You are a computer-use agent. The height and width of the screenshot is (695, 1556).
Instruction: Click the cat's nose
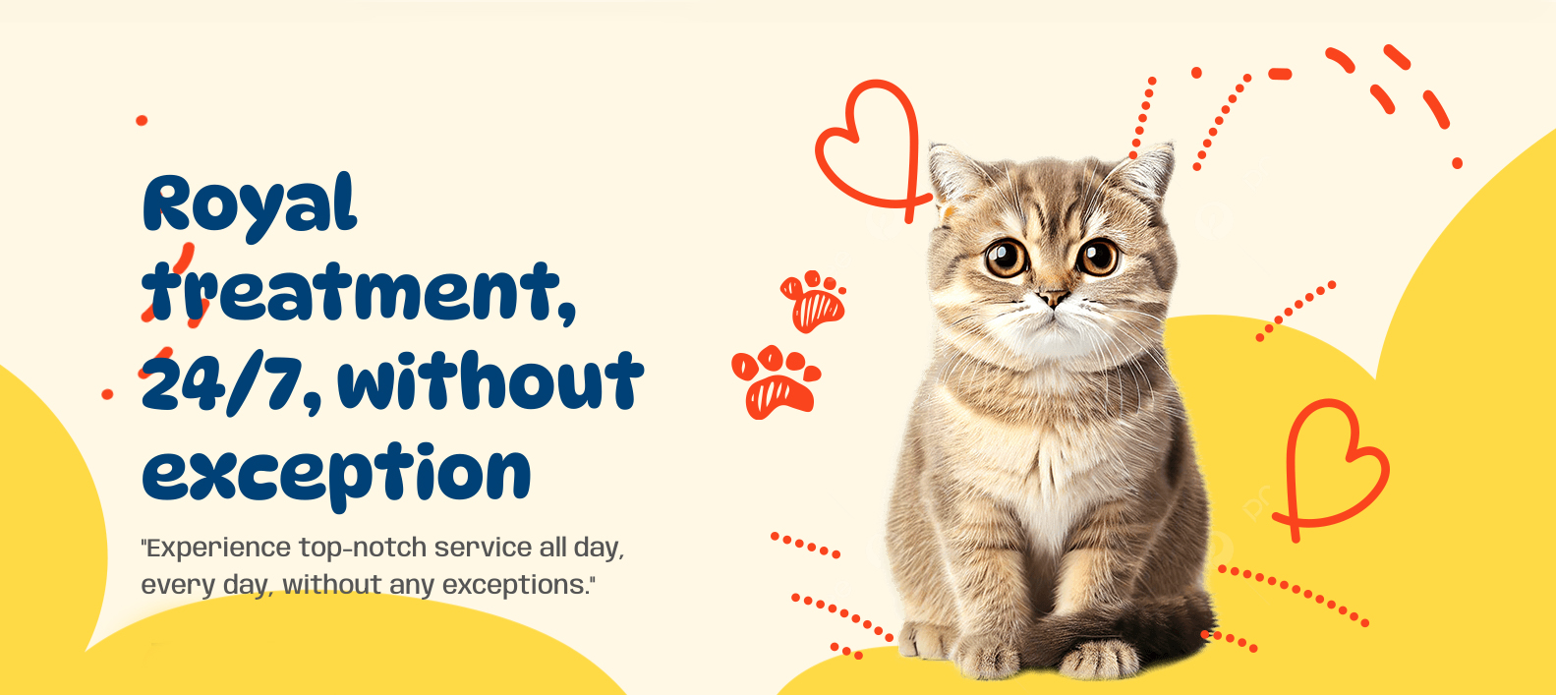1053,298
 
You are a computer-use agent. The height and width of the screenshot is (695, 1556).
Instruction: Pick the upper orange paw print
814,301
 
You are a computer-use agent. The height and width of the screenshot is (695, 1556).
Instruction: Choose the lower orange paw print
776,382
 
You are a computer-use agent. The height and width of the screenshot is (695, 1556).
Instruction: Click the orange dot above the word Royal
142,120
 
